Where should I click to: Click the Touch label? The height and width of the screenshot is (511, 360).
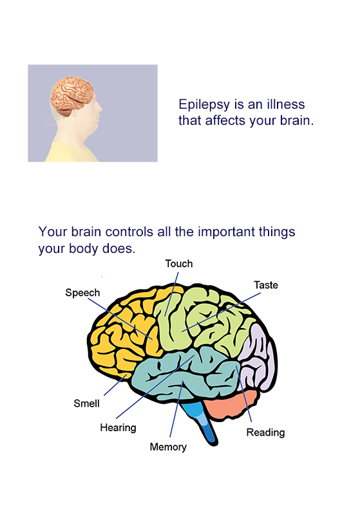(179, 264)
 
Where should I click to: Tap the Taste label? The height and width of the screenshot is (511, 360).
(265, 284)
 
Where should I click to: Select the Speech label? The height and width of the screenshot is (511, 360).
(82, 293)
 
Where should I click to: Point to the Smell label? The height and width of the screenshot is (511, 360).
(86, 404)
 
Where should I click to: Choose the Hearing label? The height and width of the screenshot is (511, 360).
(118, 427)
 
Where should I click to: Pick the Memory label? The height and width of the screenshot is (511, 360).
(168, 447)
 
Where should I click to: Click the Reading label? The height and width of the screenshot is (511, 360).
(265, 432)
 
